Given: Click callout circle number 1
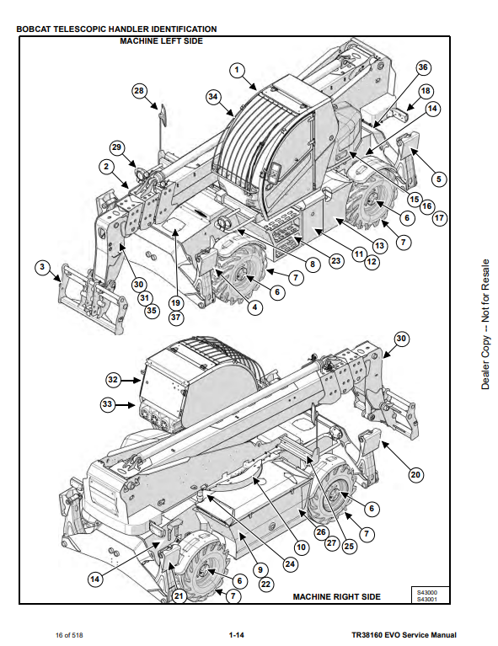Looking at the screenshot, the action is tap(237, 71).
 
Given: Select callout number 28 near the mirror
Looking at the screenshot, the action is tap(139, 91).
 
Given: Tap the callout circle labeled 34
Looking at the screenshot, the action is tap(212, 97).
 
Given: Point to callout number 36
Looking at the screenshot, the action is tap(423, 67).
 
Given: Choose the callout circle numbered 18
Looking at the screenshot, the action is tap(426, 91).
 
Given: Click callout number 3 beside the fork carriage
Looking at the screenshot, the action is tap(42, 267).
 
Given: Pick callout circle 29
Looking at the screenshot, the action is tap(117, 147).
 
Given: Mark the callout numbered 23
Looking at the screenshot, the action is tap(336, 260).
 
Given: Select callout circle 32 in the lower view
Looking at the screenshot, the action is tap(113, 380).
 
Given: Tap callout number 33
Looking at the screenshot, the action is tap(108, 404).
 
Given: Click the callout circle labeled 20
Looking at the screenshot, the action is tap(415, 475).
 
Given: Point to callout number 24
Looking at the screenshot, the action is tap(290, 563).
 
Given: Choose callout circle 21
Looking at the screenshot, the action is tap(179, 595).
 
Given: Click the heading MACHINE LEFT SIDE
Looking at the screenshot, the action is tap(162, 40).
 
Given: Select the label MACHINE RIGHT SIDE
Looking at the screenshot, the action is tap(337, 596).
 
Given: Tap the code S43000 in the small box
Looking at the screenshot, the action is tap(427, 592).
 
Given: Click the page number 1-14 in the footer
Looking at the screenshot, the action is tap(237, 635).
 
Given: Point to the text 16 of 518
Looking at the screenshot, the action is tap(69, 635).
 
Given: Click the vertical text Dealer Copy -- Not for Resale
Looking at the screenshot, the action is tap(485, 324).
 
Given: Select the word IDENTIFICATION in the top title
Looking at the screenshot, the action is tap(185, 29).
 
